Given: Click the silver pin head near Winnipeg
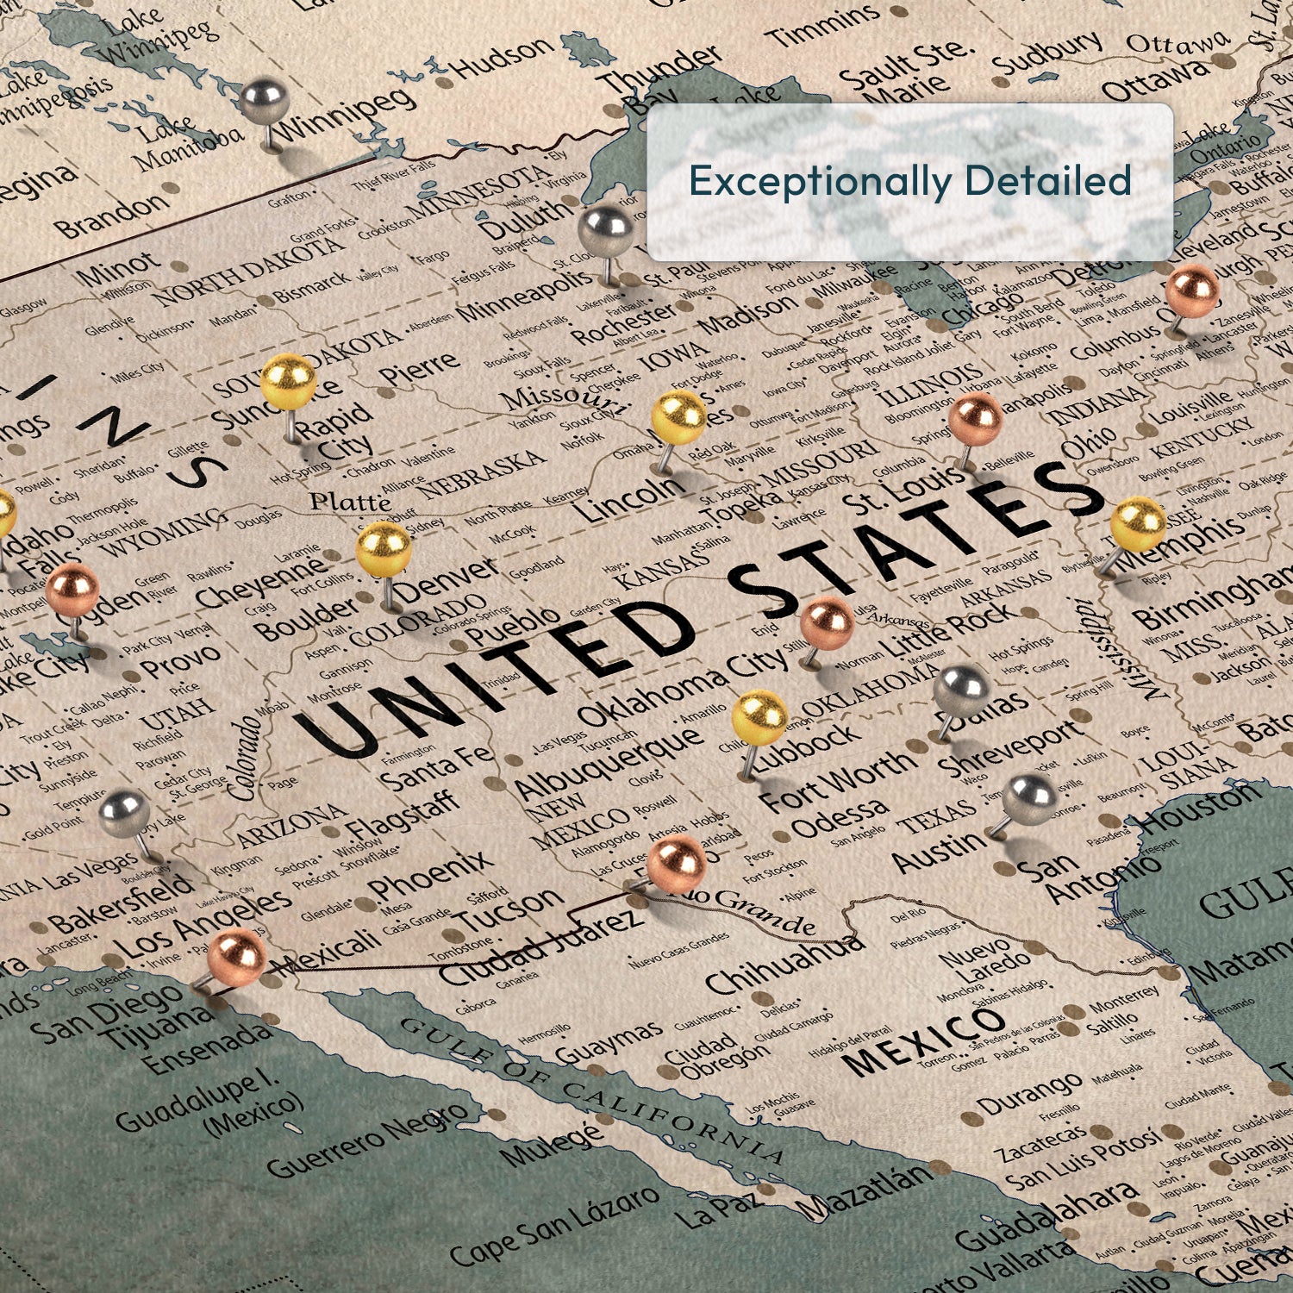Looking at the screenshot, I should (x=263, y=100).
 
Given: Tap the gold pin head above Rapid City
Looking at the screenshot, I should (x=288, y=381).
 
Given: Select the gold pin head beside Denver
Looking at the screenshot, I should (x=383, y=548).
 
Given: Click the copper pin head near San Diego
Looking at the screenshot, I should (x=235, y=956).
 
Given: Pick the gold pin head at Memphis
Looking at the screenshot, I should (x=1138, y=524).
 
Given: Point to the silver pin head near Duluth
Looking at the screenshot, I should (x=605, y=230).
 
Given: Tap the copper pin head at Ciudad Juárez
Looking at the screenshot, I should (x=676, y=863).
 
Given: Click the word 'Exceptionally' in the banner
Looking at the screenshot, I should (x=818, y=181).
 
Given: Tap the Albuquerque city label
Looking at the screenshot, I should (x=608, y=762).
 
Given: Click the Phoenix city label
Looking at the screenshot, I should (x=430, y=875).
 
